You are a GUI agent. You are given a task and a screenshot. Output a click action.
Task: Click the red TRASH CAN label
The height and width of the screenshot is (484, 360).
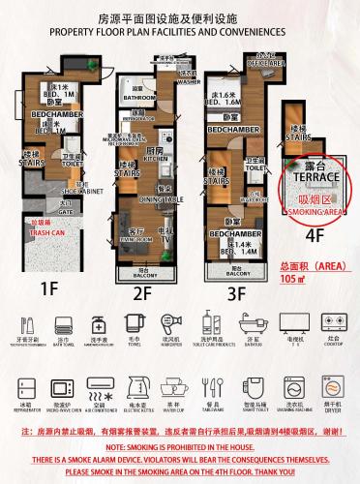click(x=45, y=233)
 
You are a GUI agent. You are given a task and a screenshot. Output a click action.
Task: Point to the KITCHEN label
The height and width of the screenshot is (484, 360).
click(x=156, y=159)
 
